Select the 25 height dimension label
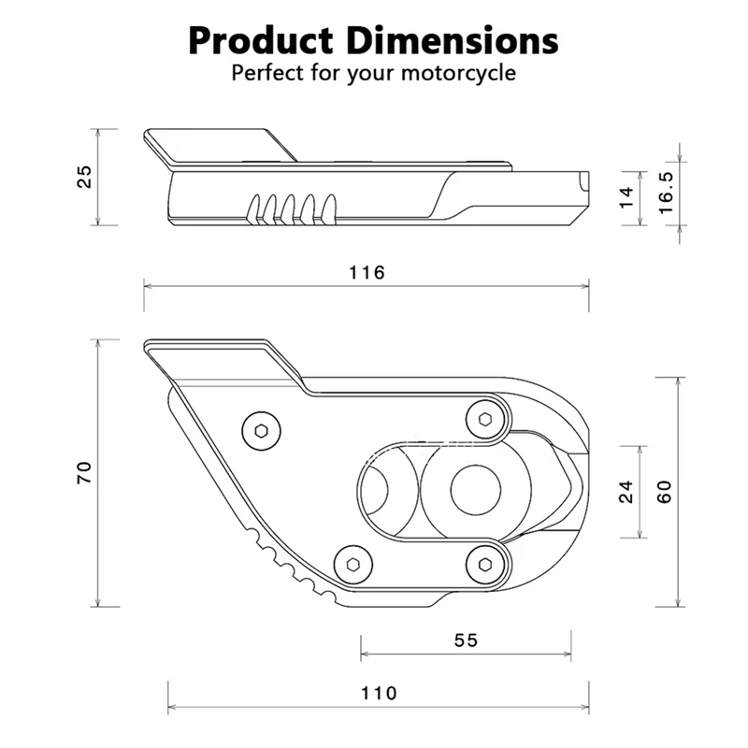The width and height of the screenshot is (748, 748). click(83, 177)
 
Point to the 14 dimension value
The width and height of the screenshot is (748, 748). click(626, 197)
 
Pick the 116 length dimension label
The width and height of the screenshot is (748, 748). click(367, 273)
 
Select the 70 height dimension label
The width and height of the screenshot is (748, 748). click(83, 472)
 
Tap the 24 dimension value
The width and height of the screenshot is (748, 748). click(626, 492)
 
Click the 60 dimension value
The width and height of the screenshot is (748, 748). click(665, 492)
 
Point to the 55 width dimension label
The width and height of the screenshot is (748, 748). click(466, 640)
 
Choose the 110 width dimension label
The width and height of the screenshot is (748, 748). click(378, 694)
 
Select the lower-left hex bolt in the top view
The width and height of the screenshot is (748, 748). click(352, 563)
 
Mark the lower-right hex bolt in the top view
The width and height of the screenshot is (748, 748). click(484, 563)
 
